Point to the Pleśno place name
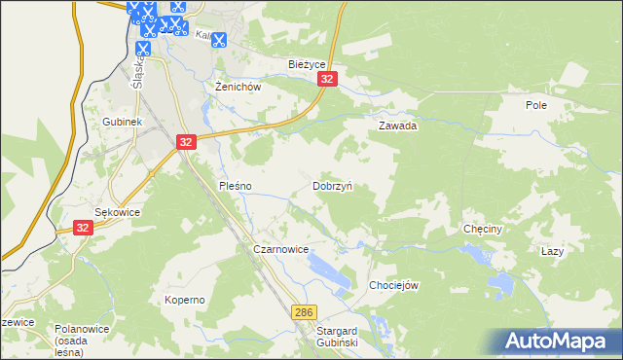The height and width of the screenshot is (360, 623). [x=236, y=185]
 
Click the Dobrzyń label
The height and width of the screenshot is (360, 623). [x=332, y=185]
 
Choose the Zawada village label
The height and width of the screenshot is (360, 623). [x=398, y=126]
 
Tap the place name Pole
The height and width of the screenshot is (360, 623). [x=536, y=105]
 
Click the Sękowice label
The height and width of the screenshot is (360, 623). [x=117, y=212]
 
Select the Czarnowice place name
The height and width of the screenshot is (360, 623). [x=280, y=250]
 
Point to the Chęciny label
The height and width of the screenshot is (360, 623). [x=482, y=230]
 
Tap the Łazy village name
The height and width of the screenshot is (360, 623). [x=552, y=251]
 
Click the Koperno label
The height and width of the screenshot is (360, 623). [x=184, y=300]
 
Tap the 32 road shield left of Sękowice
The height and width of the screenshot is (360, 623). [x=84, y=228]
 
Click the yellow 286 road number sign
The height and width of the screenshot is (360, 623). [x=303, y=311]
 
